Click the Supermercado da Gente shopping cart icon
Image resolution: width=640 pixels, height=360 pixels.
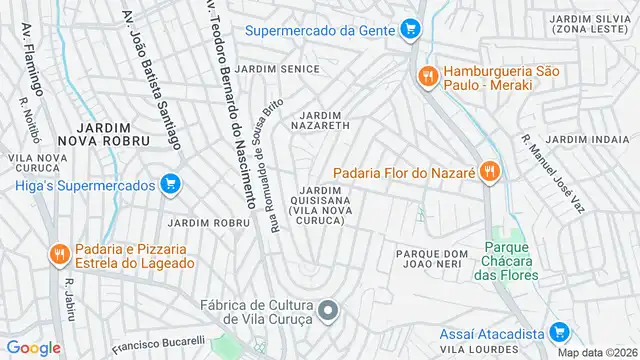pyautogui.click(x=409, y=29)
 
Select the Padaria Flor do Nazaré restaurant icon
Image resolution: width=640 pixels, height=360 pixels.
pyautogui.click(x=489, y=171)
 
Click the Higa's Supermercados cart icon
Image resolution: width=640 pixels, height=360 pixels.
pyautogui.click(x=170, y=185)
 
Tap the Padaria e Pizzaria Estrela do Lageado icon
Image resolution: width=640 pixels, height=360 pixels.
pyautogui.click(x=59, y=255)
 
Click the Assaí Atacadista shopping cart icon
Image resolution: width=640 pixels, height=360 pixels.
pyautogui.click(x=559, y=333)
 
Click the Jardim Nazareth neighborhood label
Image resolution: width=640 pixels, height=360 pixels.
pyautogui.click(x=320, y=122)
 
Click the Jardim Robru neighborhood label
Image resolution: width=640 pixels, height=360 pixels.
pyautogui.click(x=209, y=222)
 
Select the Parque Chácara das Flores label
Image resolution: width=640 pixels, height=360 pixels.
pyautogui.click(x=512, y=260)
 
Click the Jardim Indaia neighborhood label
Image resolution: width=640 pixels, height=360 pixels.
pyautogui.click(x=581, y=139)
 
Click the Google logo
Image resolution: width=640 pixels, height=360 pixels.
pyautogui.click(x=33, y=347)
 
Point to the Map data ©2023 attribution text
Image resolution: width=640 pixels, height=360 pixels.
pyautogui.click(x=596, y=352)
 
